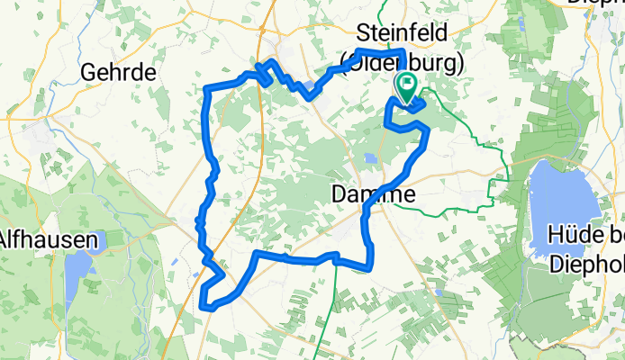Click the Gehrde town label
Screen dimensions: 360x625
[x=119, y=71]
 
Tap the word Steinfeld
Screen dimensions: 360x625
[x=403, y=31]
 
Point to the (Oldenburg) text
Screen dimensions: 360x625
[x=403, y=64]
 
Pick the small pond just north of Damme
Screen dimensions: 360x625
[x=370, y=159]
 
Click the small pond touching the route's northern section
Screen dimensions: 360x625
[x=311, y=87]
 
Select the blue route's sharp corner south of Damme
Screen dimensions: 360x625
[x=370, y=265]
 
